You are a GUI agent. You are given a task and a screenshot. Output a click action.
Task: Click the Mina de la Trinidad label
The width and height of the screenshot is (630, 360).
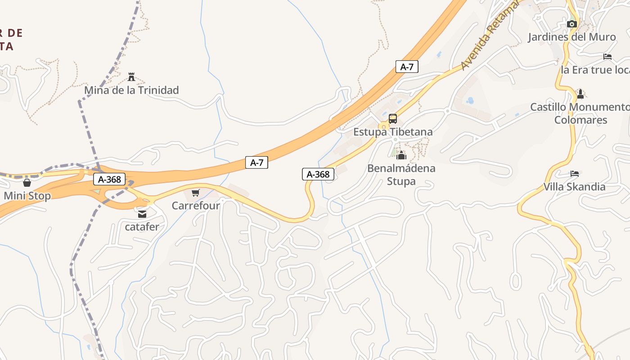(131, 90)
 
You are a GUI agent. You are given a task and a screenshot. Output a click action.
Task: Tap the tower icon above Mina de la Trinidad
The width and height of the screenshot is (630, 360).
(131, 77)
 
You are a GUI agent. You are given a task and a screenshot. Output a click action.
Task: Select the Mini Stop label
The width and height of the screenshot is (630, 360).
(27, 196)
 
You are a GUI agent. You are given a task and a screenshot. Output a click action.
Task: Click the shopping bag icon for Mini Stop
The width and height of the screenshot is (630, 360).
(27, 183)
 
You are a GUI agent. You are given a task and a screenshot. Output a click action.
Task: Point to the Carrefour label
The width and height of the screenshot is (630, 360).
(196, 206)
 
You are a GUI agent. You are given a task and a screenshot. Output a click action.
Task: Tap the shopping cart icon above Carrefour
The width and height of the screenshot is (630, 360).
(195, 193)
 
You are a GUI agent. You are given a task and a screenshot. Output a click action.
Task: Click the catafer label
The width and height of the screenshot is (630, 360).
(142, 226)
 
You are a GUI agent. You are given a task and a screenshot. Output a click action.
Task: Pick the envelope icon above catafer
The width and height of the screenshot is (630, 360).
(142, 214)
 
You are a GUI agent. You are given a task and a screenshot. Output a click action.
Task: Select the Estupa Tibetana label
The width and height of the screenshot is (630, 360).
(393, 132)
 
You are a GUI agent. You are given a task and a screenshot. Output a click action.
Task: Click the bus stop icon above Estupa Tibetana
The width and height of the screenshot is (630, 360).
(393, 119)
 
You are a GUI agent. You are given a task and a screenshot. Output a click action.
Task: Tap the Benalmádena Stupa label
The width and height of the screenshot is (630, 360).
(401, 175)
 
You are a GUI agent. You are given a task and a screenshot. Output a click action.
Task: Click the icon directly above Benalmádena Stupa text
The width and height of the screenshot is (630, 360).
(401, 156)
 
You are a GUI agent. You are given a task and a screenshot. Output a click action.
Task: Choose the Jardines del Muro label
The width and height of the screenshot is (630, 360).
(571, 37)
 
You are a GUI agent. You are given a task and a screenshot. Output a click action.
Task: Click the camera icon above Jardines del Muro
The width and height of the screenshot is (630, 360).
(572, 24)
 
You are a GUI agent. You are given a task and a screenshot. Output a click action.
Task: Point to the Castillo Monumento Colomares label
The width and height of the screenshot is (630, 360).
(580, 113)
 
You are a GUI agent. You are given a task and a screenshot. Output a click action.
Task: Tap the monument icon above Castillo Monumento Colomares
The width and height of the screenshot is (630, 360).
(580, 94)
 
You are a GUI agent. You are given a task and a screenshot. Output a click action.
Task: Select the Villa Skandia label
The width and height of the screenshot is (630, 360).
(574, 187)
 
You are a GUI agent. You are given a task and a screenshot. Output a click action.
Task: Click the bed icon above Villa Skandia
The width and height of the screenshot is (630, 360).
(575, 174)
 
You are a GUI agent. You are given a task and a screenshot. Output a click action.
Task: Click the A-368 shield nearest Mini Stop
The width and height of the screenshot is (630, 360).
(109, 180)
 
